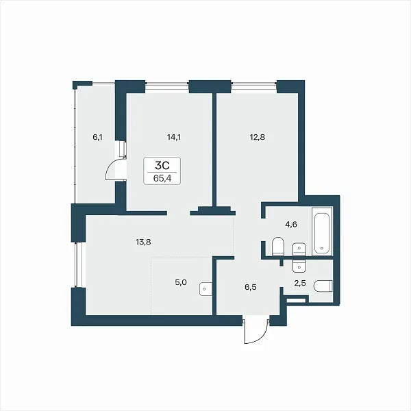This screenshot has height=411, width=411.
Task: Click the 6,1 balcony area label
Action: point(97,137)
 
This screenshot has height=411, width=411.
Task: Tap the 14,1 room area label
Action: point(174,137)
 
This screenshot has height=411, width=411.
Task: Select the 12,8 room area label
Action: point(258,137)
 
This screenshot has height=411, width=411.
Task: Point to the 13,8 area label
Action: point(143,242)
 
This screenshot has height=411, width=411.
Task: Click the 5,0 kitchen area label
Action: point(181,282)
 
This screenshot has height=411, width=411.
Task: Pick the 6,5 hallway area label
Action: point(251,287)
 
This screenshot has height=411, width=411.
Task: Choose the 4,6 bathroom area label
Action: point(291,225)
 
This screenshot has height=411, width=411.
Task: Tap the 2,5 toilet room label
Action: point(300,284)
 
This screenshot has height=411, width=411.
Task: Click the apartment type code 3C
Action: point(162,165)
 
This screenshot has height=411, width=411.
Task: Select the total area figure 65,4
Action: point(162,179)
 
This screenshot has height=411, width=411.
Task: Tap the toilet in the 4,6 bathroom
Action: point(278,247)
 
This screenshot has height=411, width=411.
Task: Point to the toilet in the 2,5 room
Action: point(323,286)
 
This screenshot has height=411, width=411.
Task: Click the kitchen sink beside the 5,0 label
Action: point(206,289)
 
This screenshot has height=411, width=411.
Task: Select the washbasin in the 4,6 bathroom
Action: point(299,249)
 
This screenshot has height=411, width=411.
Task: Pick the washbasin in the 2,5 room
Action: point(299,266)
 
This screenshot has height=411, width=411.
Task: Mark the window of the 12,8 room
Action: point(253,84)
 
